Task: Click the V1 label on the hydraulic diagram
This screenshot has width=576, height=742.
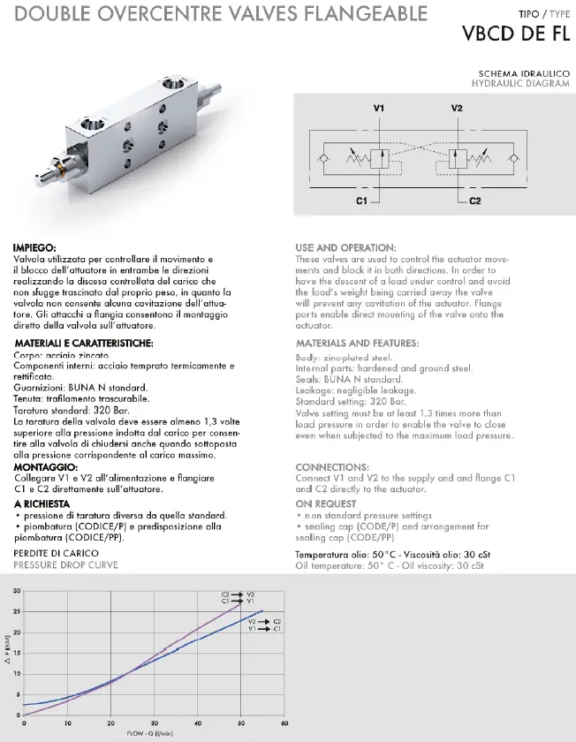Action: coord(379,108)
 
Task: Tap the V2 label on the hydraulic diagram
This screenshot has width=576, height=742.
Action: coord(457,108)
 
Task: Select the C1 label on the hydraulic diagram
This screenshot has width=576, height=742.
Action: coord(361,201)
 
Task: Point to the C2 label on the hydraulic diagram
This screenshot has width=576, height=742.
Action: coord(474,201)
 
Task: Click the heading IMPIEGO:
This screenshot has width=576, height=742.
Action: coord(36,247)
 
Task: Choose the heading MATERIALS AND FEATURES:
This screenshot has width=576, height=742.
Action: coord(357,342)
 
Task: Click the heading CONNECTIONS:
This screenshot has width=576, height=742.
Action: coord(332,466)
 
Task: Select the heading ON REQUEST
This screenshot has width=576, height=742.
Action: coord(326,503)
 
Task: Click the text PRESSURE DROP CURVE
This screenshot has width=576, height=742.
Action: coord(65,564)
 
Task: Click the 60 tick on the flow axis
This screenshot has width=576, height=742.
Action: coord(284,723)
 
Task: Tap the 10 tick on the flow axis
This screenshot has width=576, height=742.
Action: coord(67,723)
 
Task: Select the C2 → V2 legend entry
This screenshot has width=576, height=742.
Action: coord(239,594)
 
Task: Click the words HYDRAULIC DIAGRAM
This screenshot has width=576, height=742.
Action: coord(521,83)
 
